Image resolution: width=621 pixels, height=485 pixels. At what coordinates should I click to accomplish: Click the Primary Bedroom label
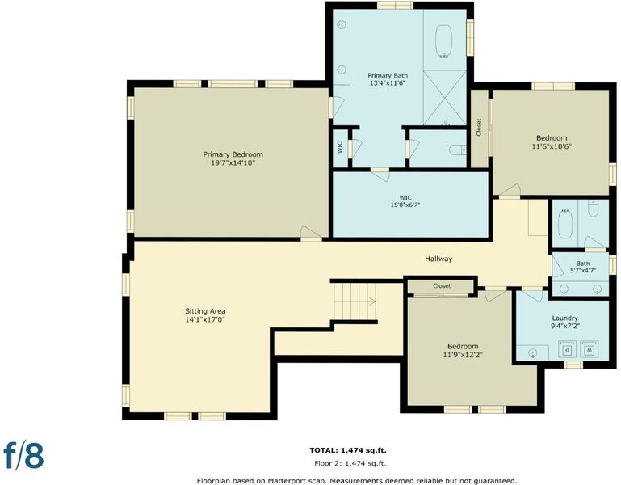click(x=233, y=158)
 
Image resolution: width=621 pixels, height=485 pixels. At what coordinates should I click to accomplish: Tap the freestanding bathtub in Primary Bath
click(x=444, y=41)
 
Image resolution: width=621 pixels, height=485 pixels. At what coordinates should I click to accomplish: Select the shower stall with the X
click(x=444, y=98)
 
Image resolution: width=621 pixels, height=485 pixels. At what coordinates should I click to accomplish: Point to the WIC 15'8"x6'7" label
click(x=405, y=201)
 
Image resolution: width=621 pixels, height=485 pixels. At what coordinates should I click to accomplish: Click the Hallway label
click(x=438, y=259)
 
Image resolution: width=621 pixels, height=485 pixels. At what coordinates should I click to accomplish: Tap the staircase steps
click(x=355, y=302)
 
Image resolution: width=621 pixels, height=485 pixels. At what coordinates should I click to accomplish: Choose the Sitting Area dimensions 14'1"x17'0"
click(x=205, y=319)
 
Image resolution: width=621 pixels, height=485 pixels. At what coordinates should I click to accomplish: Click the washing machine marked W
click(x=589, y=349)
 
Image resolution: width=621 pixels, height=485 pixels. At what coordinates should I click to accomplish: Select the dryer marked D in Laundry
click(x=568, y=349)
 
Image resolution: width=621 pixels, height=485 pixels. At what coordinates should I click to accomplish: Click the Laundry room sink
click(x=533, y=352)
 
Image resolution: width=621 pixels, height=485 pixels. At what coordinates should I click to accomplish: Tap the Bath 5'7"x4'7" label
click(x=583, y=267)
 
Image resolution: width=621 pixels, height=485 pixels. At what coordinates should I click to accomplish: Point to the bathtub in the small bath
click(x=565, y=224)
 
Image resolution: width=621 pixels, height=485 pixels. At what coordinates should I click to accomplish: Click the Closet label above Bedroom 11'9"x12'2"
click(x=442, y=285)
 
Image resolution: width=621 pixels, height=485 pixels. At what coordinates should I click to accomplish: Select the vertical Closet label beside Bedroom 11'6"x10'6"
click(x=479, y=127)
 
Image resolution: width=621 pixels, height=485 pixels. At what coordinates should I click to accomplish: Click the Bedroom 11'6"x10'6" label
click(x=552, y=142)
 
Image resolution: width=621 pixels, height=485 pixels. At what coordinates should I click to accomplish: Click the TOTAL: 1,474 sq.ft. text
click(x=348, y=450)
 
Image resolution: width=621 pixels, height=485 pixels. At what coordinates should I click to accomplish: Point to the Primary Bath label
click(x=388, y=79)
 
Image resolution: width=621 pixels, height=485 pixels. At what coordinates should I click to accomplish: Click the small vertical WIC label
click(x=340, y=148)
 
